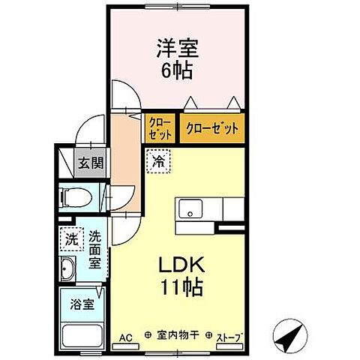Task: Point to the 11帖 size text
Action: point(181,286)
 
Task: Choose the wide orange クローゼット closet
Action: point(213,128)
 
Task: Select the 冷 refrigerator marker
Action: point(159,160)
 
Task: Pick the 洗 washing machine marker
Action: point(70,240)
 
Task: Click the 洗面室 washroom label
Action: point(94,249)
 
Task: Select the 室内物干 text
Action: point(180,337)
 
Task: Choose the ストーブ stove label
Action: point(231,337)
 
